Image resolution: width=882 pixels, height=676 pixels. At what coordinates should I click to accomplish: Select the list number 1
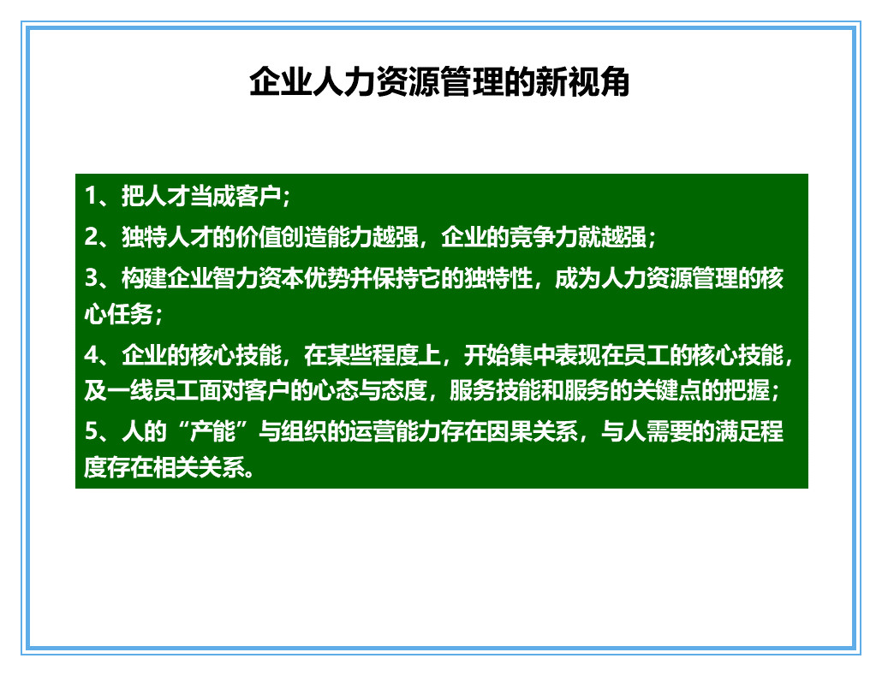(x=90, y=197)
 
